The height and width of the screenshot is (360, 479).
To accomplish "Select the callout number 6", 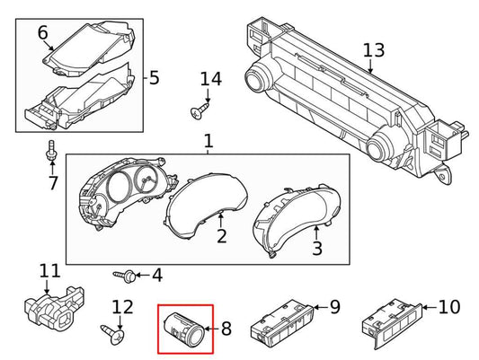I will [x=42, y=34].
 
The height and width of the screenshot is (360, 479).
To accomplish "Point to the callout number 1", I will [x=208, y=142].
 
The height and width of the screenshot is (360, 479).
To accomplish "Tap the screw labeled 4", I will [x=123, y=274].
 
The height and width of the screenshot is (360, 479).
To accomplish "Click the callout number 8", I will [x=225, y=329].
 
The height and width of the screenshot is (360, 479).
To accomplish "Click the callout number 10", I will [x=448, y=307].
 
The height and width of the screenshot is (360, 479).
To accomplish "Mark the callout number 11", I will [x=49, y=270].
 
